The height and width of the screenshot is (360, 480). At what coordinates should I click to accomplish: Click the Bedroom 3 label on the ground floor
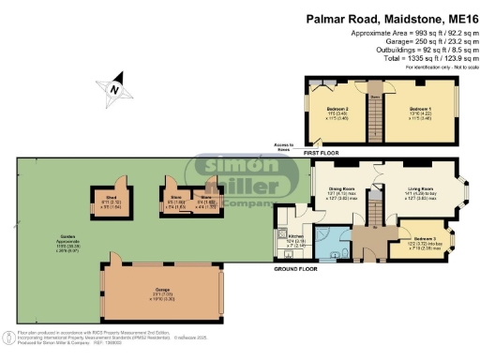pyautogui.click(x=422, y=242)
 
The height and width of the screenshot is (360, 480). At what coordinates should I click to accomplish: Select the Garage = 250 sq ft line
pyautogui.click(x=420, y=44)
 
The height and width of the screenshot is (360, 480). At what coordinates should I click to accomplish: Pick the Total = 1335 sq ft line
pyautogui.click(x=420, y=59)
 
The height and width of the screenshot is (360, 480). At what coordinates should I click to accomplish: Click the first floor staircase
pyautogui.click(x=376, y=120)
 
